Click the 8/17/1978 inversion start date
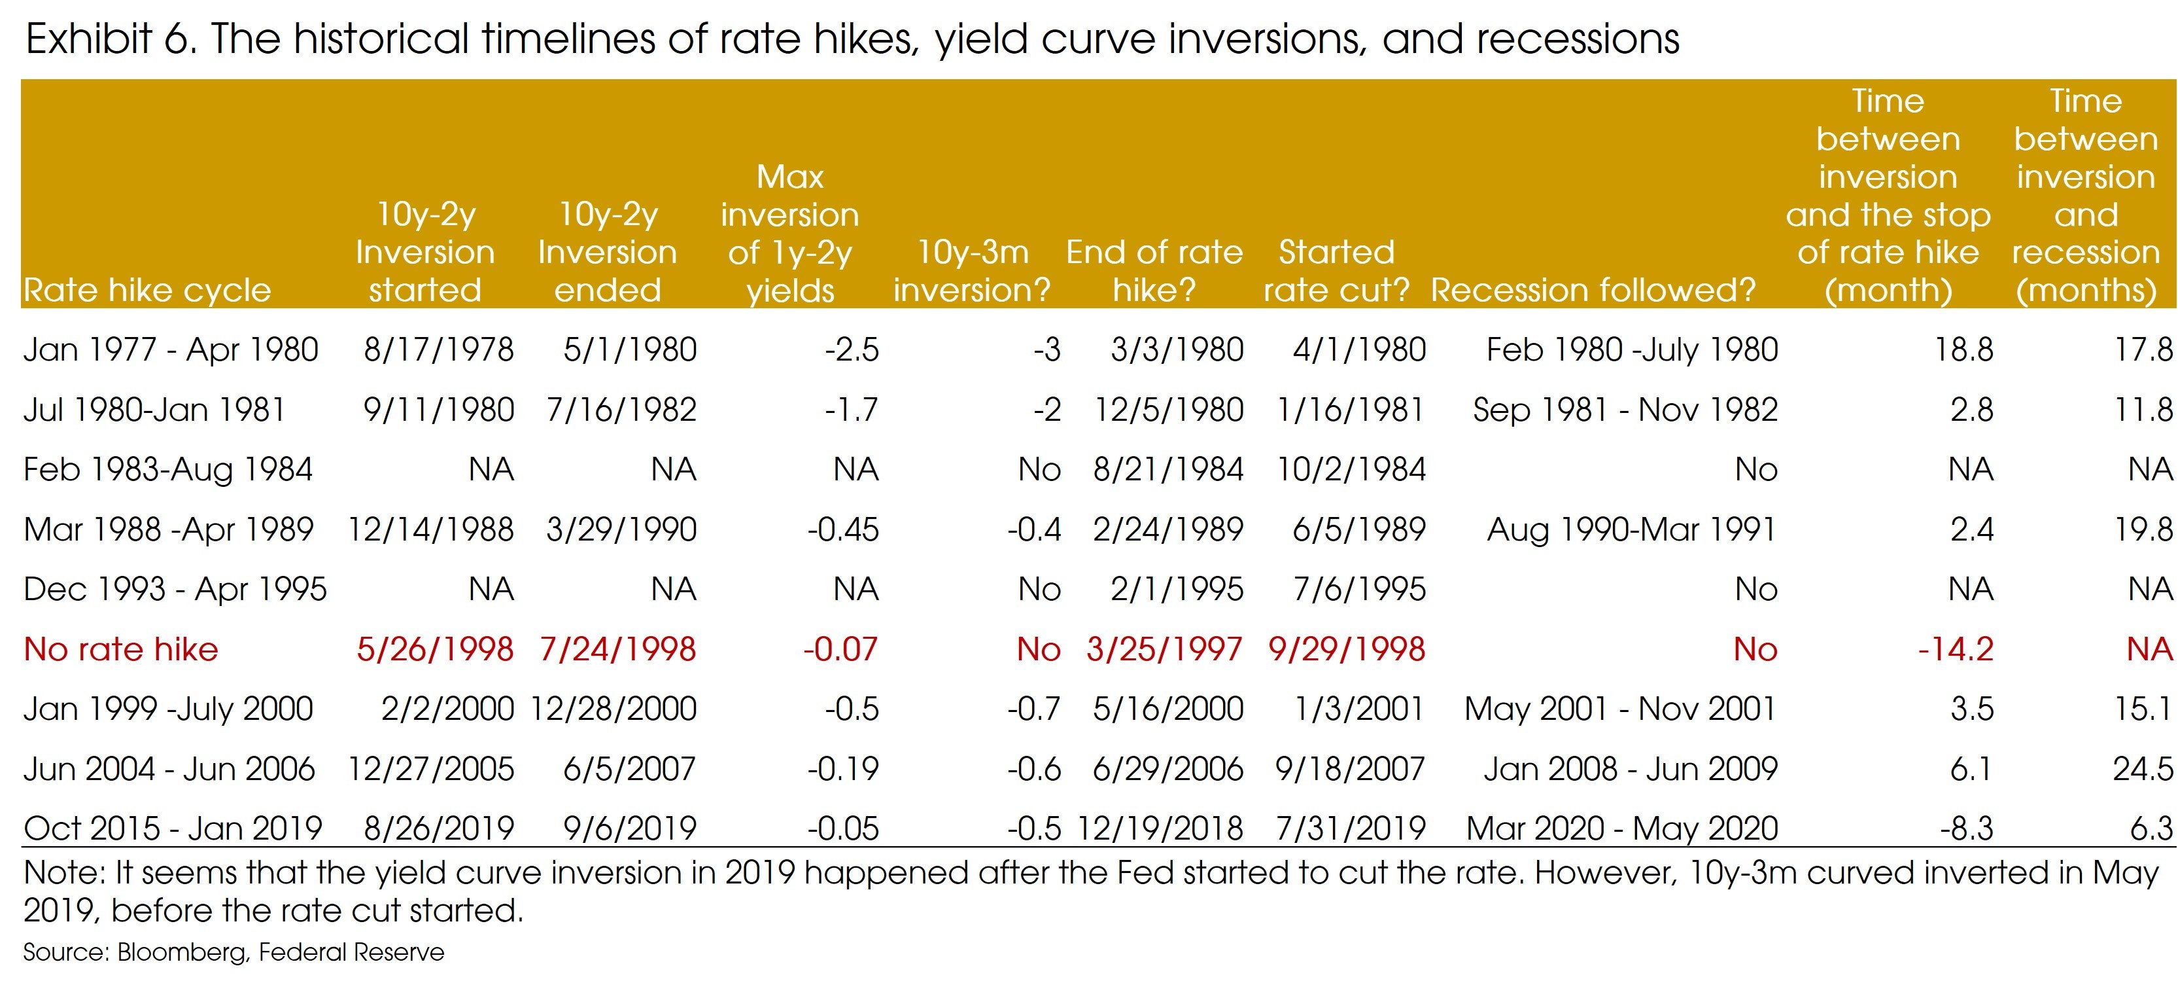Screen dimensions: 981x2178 [438, 349]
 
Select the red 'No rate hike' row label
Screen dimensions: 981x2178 [121, 649]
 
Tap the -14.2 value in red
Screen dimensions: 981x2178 [1955, 649]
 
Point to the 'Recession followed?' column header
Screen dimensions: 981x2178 [1593, 290]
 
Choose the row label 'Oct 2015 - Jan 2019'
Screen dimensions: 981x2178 [173, 828]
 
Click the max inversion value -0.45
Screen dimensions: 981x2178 [842, 529]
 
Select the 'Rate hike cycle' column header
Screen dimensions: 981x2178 [147, 290]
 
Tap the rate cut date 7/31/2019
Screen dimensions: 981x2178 [1350, 828]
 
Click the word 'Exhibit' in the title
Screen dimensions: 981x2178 [89, 39]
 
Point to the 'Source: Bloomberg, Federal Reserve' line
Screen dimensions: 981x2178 [233, 952]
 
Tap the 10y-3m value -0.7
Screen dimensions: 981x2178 [1033, 709]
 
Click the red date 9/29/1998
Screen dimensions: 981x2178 [1346, 649]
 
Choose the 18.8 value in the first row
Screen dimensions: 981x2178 [1963, 349]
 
